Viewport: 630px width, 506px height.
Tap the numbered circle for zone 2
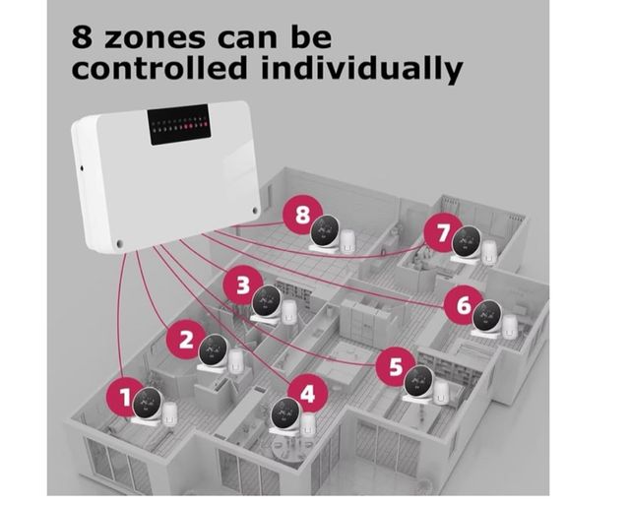tap(185, 340)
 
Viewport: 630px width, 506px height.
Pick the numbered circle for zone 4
tap(308, 394)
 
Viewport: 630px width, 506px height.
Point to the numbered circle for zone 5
tap(395, 367)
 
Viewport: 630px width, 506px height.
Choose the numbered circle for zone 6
tap(462, 304)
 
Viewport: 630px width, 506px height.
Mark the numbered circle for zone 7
tap(442, 232)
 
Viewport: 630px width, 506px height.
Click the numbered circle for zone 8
tap(301, 215)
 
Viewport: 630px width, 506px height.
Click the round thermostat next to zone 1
tap(148, 402)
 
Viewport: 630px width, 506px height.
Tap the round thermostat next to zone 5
tap(419, 382)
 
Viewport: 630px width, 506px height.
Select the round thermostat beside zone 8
tap(325, 232)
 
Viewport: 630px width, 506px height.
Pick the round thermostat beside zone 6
tap(486, 316)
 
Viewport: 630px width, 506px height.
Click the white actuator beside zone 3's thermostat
tap(289, 312)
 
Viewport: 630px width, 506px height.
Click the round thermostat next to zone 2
tap(213, 349)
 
